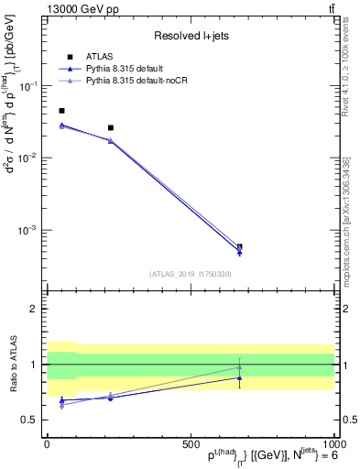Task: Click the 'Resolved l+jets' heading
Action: pyautogui.click(x=190, y=36)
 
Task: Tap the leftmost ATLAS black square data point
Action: pyautogui.click(x=61, y=111)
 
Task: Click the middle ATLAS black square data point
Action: pyautogui.click(x=111, y=127)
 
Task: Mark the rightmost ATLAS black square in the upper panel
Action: pyautogui.click(x=239, y=246)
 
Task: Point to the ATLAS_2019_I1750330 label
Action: pyautogui.click(x=191, y=274)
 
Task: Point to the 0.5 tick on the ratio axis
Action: pyautogui.click(x=29, y=420)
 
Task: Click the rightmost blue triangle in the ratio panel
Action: pyautogui.click(x=239, y=377)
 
